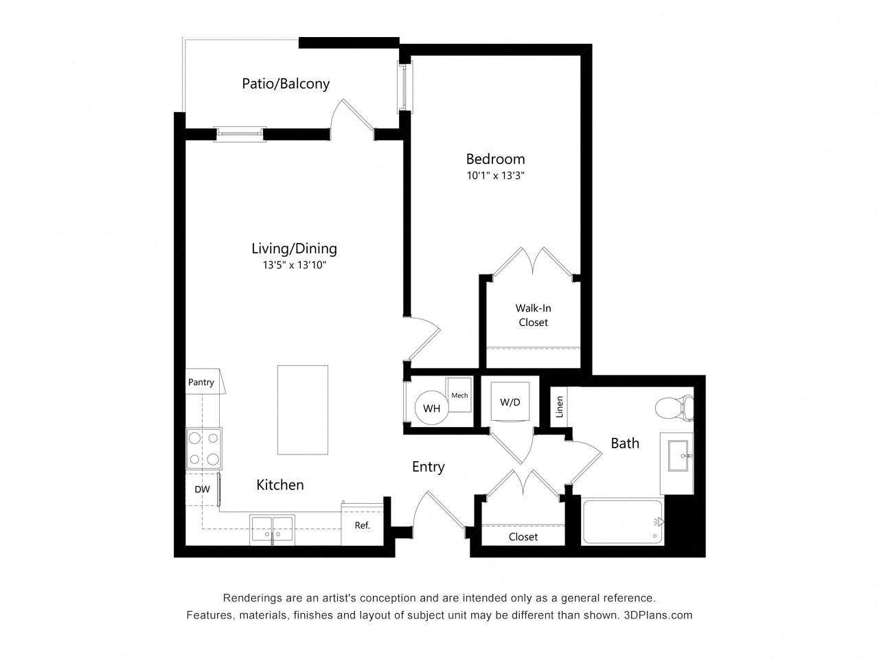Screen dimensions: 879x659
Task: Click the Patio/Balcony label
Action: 286,84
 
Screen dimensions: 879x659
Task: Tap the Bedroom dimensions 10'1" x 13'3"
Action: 495,176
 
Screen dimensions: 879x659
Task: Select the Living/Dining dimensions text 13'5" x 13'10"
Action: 295,265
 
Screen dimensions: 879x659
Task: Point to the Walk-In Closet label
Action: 533,315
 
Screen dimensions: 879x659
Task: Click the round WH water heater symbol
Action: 432,408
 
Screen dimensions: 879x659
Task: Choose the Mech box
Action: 459,395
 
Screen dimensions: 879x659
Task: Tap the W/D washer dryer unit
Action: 510,402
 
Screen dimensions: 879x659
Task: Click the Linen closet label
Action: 560,406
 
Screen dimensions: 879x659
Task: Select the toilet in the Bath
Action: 674,408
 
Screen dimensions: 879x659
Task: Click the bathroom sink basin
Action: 678,456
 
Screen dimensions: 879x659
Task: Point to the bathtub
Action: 623,522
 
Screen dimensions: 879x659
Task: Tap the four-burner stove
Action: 204,448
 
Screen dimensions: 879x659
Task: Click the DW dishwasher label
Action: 202,489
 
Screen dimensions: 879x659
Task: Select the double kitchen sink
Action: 273,529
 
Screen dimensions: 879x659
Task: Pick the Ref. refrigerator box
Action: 362,524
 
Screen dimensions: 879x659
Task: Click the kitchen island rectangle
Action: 303,410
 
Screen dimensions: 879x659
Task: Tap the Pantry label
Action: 201,382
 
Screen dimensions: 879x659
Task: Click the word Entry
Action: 429,467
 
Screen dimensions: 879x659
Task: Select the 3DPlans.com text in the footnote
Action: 658,615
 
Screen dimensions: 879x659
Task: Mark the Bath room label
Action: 625,443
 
